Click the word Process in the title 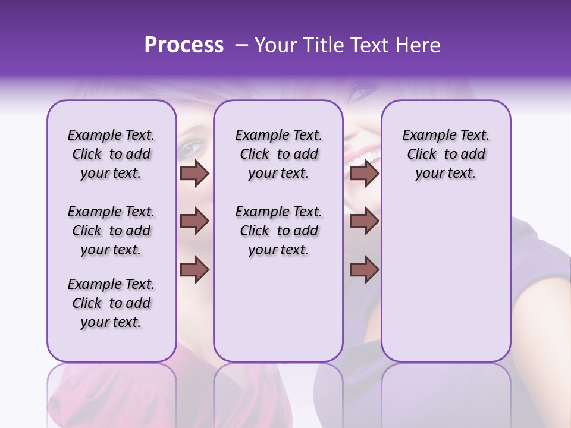[x=184, y=45]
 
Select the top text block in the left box [x=111, y=154]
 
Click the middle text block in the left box [x=111, y=231]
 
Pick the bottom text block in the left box [x=111, y=303]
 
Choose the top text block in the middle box [x=278, y=154]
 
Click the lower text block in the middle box [x=278, y=231]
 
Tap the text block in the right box [x=445, y=154]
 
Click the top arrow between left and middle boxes [x=194, y=174]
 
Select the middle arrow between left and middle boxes [x=194, y=222]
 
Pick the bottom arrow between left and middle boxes [x=194, y=269]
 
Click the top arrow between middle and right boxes [x=364, y=174]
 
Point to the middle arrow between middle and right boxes [x=364, y=222]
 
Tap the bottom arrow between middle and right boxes [x=364, y=269]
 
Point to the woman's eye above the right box [x=360, y=92]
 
